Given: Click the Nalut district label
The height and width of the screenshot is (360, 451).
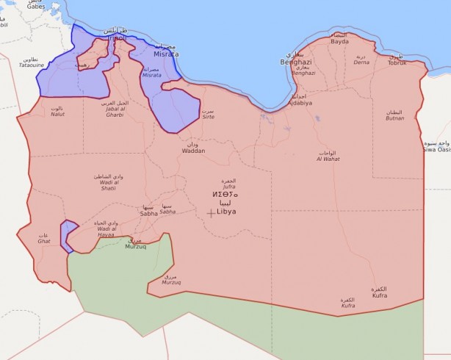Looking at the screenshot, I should [57, 112].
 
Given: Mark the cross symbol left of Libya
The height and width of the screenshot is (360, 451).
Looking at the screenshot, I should [212, 213].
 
